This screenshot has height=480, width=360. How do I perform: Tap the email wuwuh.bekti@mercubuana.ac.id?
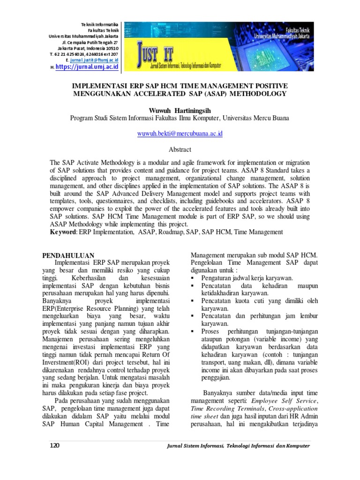tap(180, 134)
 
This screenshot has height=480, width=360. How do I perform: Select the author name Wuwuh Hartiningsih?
tap(180, 109)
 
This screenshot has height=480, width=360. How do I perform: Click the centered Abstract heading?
tap(180, 150)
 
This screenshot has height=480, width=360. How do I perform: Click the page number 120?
tap(54, 446)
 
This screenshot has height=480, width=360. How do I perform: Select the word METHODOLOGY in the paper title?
tap(260, 94)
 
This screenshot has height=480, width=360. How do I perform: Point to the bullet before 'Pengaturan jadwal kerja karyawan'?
tap(193, 278)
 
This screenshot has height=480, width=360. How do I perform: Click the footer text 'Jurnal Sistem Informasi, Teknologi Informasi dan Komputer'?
tap(238, 446)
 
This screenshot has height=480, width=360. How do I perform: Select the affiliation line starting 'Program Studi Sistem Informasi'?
tap(180, 118)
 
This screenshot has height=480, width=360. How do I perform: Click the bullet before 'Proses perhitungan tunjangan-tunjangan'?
tap(193, 331)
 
